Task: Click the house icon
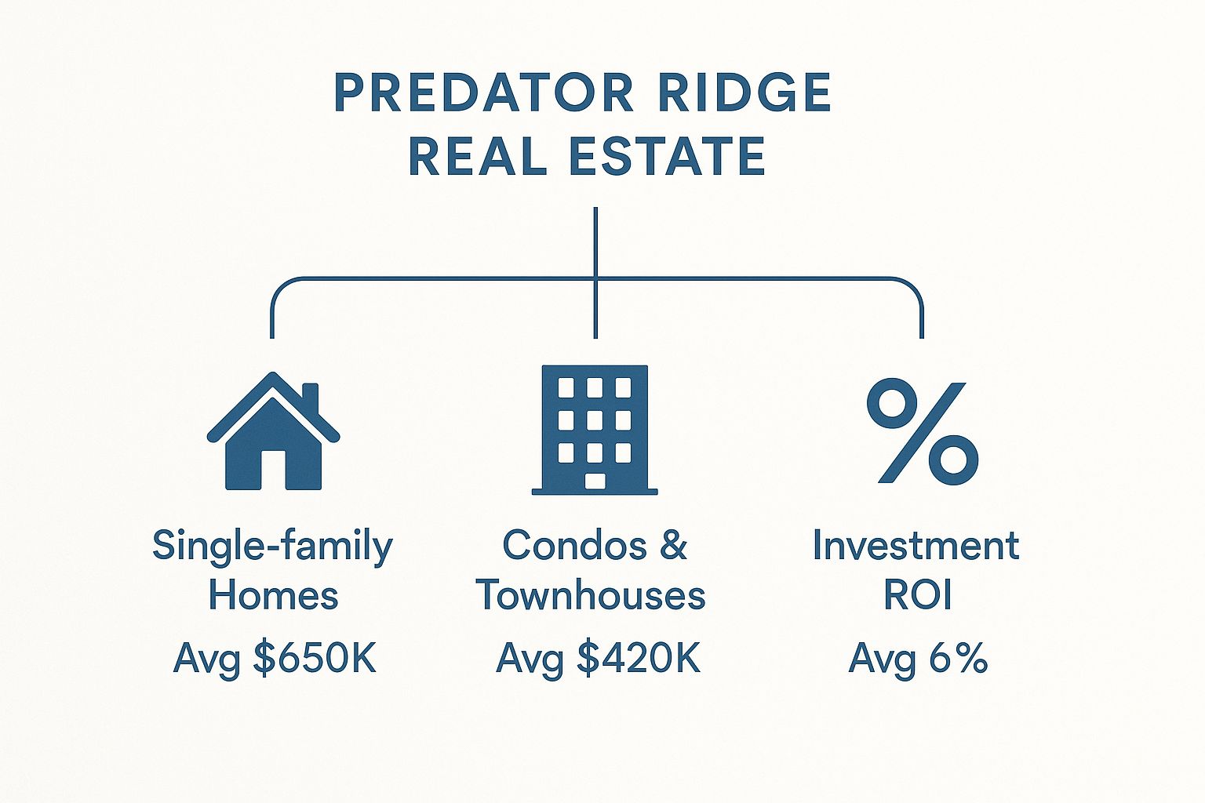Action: pyautogui.click(x=273, y=431)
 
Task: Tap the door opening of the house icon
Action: pyautogui.click(x=273, y=470)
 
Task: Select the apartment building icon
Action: pyautogui.click(x=595, y=430)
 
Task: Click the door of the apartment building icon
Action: pyautogui.click(x=595, y=481)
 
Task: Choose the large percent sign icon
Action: pyautogui.click(x=923, y=431)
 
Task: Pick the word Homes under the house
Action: pyautogui.click(x=273, y=595)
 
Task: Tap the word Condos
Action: pyautogui.click(x=574, y=545)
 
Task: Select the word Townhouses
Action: pyautogui.click(x=591, y=595)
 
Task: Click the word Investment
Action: pyautogui.click(x=916, y=545)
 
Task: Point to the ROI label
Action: pyautogui.click(x=919, y=595)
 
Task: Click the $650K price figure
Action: pyautogui.click(x=315, y=658)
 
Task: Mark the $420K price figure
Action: pyautogui.click(x=639, y=658)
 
